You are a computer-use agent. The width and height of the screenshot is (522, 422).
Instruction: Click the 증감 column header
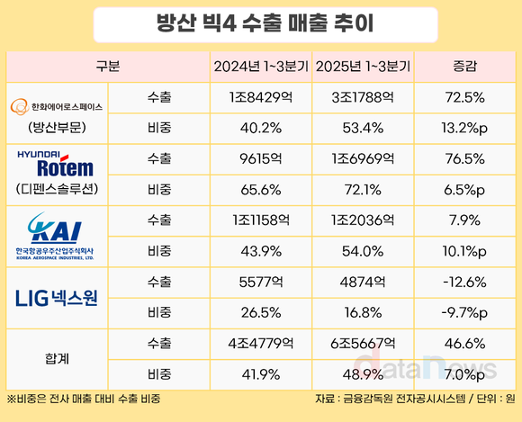point(465,67)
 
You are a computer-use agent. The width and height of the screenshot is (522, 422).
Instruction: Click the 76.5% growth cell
point(465,158)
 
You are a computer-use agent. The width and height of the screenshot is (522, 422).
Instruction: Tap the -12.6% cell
point(465,280)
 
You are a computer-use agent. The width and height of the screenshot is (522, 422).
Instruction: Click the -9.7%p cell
point(465,310)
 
